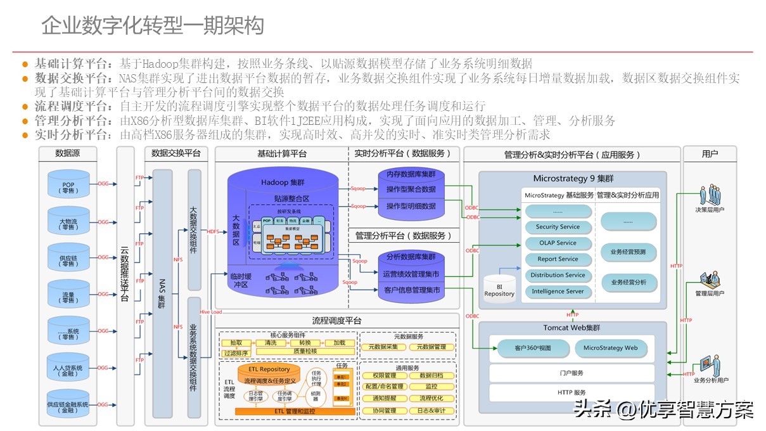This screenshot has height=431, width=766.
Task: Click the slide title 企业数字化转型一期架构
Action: tap(153, 27)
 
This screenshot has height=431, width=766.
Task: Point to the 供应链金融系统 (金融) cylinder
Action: tap(68, 404)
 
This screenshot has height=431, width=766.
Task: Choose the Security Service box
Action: tap(558, 227)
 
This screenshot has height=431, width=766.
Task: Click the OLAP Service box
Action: tap(558, 243)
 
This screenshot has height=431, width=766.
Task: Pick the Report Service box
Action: tap(558, 259)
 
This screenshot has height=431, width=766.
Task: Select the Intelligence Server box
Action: tap(558, 292)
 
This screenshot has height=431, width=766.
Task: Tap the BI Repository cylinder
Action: tap(499, 287)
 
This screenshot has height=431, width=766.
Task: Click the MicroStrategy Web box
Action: tap(610, 348)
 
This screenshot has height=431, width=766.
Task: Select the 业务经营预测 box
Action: tap(629, 252)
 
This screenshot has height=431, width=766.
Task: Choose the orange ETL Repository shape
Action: tap(269, 369)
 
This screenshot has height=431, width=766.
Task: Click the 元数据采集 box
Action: tap(383, 347)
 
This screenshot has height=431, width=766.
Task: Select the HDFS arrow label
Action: tap(213, 232)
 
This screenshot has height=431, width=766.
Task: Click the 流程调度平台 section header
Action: tap(336, 321)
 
